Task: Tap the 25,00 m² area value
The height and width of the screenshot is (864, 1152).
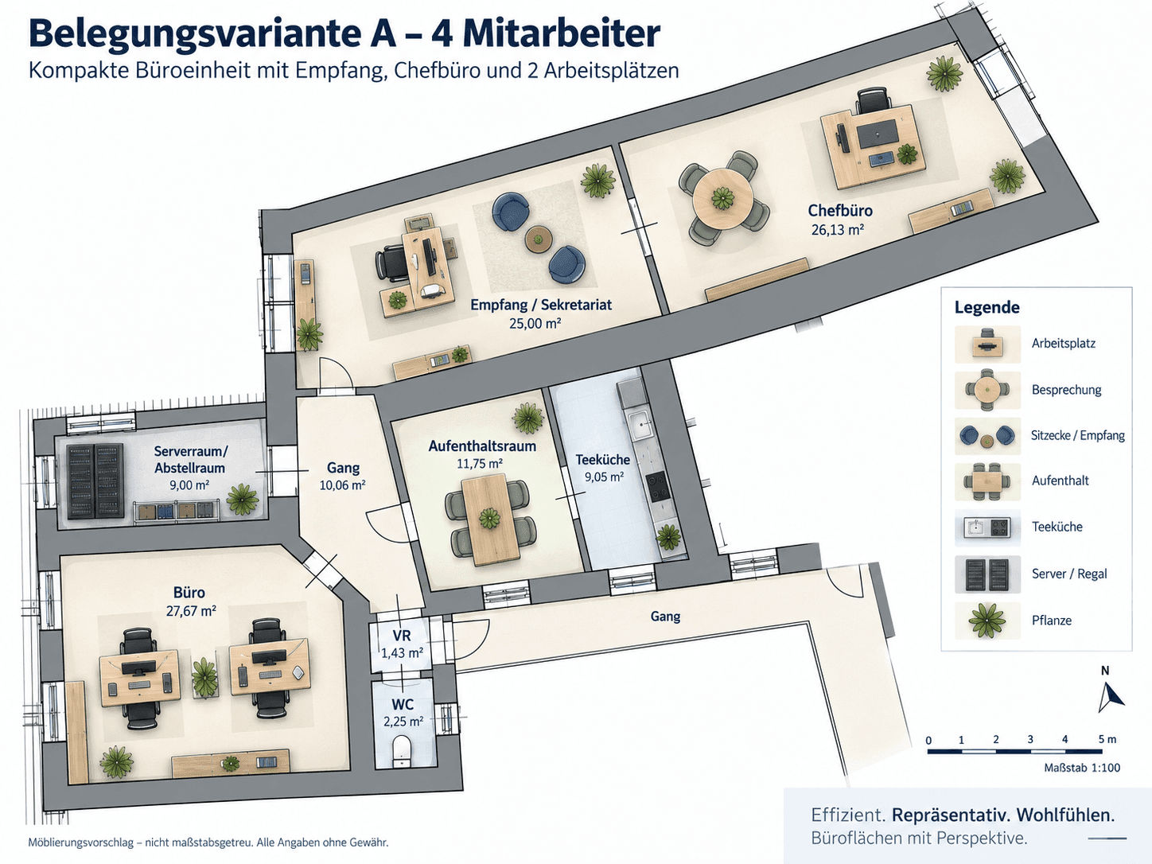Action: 535,323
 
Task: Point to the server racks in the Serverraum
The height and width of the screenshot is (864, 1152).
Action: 95,481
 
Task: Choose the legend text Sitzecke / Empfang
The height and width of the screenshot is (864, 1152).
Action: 1077,435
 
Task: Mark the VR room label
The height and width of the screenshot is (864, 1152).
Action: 402,636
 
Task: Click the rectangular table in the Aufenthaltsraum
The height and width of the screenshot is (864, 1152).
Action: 490,520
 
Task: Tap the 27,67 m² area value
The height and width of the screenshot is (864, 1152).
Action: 190,610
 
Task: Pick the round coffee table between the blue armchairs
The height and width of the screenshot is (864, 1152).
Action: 538,239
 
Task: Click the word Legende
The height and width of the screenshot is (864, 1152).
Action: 987,307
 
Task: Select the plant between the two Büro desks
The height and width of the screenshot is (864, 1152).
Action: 204,678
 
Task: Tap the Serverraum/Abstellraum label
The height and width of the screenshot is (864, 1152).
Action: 190,459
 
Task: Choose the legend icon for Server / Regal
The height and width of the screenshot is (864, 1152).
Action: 987,574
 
